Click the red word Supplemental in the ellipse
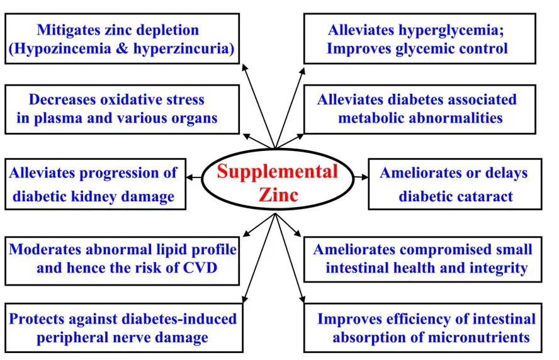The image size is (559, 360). (x=278, y=171)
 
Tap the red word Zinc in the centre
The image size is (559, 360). (x=278, y=194)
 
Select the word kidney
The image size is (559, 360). (x=93, y=196)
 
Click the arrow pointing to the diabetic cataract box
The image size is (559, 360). (x=362, y=178)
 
